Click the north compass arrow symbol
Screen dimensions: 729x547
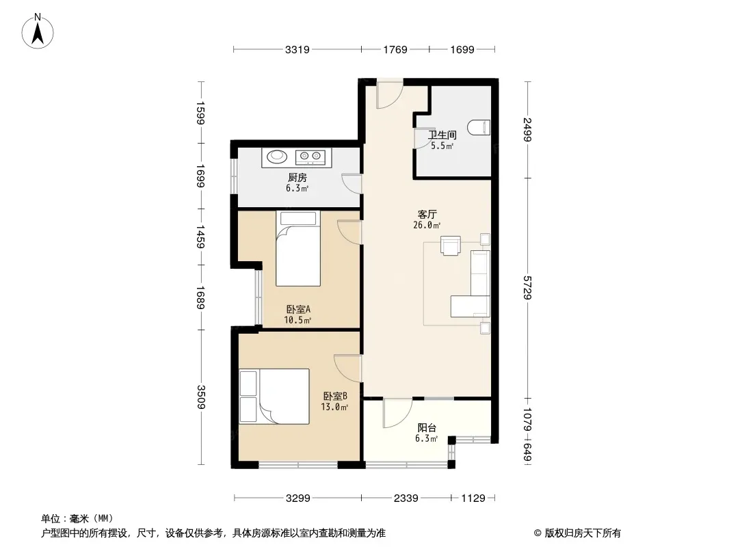(38, 31)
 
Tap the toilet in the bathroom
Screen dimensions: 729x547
(479, 127)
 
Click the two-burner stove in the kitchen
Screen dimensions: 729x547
(310, 157)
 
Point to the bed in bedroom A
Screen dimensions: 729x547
(298, 249)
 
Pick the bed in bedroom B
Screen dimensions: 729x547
(274, 397)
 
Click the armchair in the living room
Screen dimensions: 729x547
(451, 246)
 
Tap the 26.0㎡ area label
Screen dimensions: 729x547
(427, 226)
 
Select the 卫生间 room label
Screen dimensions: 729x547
(442, 135)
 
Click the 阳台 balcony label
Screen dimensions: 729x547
(426, 427)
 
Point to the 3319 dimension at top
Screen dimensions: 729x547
(297, 49)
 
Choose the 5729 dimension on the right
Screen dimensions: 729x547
(527, 288)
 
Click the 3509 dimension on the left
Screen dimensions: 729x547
(201, 397)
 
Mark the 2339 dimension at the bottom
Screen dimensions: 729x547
(406, 498)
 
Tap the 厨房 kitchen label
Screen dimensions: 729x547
(297, 177)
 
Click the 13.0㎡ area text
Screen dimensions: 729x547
(334, 407)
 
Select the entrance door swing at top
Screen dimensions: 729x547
(390, 94)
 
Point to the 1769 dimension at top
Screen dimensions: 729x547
(395, 49)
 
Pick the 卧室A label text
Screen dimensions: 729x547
(298, 309)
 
